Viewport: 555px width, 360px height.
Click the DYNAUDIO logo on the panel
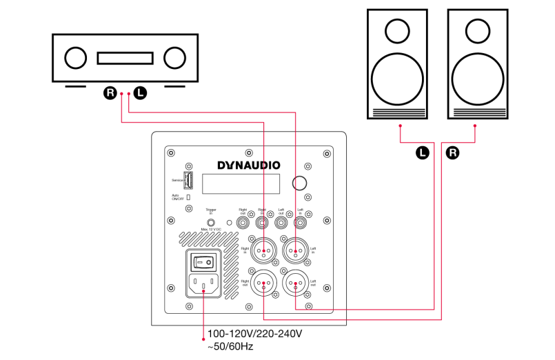point(248,165)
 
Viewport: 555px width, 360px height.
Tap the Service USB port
point(189,181)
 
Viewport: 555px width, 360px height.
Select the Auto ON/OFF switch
point(188,197)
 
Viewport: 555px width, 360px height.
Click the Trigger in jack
point(211,222)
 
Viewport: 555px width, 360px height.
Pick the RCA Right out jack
point(243,222)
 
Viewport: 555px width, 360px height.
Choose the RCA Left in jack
point(299,222)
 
